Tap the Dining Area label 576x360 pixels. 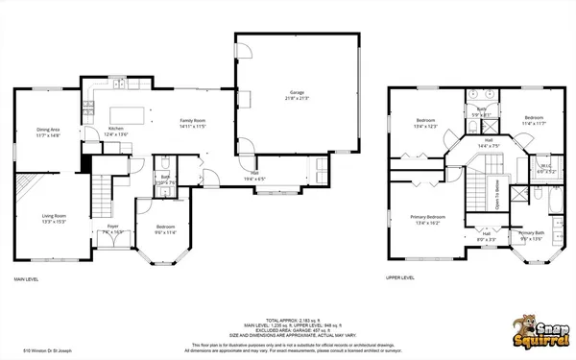tap(48, 132)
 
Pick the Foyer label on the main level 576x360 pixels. tap(112, 228)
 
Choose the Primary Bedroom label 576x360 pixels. tap(423, 219)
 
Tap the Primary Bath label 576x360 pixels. tap(531, 235)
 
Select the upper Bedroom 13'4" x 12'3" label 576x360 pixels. tap(426, 123)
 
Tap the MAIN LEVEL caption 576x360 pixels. tap(26, 279)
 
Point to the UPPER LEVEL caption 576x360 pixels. tap(399, 278)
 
